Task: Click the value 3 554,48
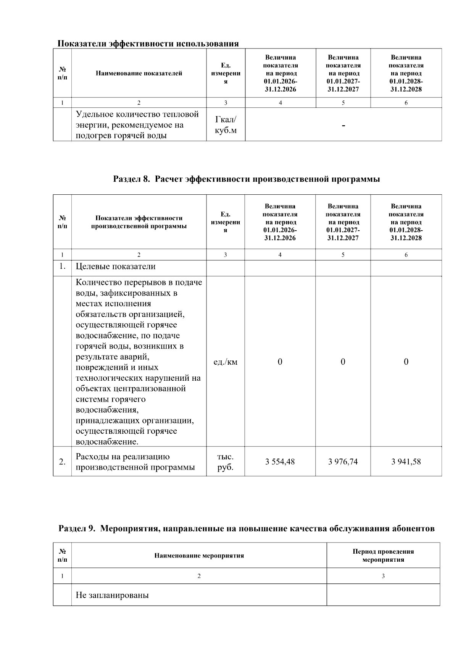tap(280, 462)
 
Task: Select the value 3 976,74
tap(343, 462)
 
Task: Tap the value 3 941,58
tap(406, 462)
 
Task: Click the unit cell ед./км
tap(225, 362)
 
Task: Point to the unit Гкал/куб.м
tap(226, 125)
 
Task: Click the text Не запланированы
tap(112, 595)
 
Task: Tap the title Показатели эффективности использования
tap(148, 44)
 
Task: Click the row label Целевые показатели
tap(116, 267)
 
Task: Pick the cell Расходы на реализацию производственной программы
tap(135, 462)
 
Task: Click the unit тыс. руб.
tap(225, 462)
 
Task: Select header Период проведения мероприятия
tap(383, 555)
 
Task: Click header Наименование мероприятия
tap(199, 556)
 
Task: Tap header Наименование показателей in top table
tap(139, 73)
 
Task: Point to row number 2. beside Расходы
tap(62, 462)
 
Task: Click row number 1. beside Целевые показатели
tap(62, 267)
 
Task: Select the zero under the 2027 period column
tap(343, 362)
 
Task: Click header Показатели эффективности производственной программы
tap(139, 222)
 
